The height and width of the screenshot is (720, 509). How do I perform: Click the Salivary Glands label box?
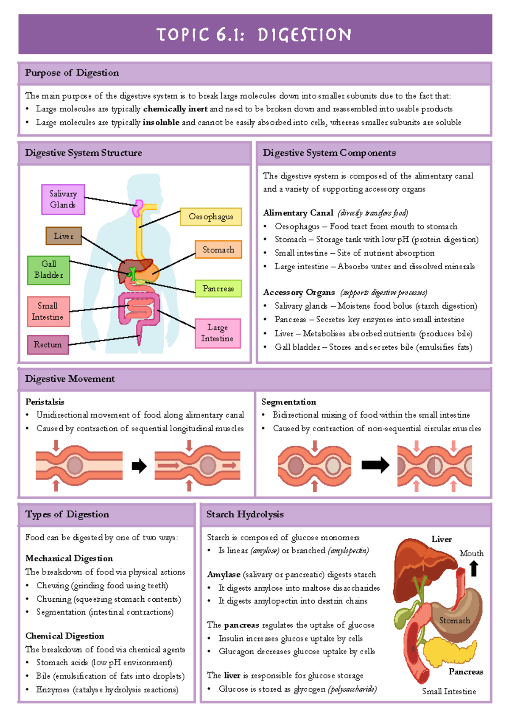click(63, 199)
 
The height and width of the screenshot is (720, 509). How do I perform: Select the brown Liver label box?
click(64, 236)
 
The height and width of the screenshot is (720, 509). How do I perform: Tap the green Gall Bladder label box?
click(49, 270)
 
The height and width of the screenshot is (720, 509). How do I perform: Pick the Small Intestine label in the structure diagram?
click(48, 311)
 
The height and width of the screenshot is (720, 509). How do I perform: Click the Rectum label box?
click(48, 345)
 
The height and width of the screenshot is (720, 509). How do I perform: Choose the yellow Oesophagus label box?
click(211, 217)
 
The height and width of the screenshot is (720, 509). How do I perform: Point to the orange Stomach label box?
click(218, 250)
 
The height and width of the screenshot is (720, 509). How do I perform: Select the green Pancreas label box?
click(218, 288)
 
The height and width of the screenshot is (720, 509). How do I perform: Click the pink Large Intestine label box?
click(217, 333)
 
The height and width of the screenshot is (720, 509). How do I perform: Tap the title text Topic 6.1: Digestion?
click(254, 35)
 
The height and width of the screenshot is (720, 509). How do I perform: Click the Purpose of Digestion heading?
click(72, 73)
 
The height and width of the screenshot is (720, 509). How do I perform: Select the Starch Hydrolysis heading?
click(245, 514)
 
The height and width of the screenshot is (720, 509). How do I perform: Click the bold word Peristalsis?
click(45, 402)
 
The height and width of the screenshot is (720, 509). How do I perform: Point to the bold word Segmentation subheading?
click(288, 402)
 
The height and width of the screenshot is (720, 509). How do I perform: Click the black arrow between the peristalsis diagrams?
click(139, 466)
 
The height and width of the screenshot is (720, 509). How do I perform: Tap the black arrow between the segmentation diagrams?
click(375, 465)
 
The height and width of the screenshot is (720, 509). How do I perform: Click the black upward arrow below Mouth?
click(474, 569)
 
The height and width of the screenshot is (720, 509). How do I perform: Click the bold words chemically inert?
click(175, 109)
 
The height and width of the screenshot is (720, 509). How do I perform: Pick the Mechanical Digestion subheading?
click(69, 558)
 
